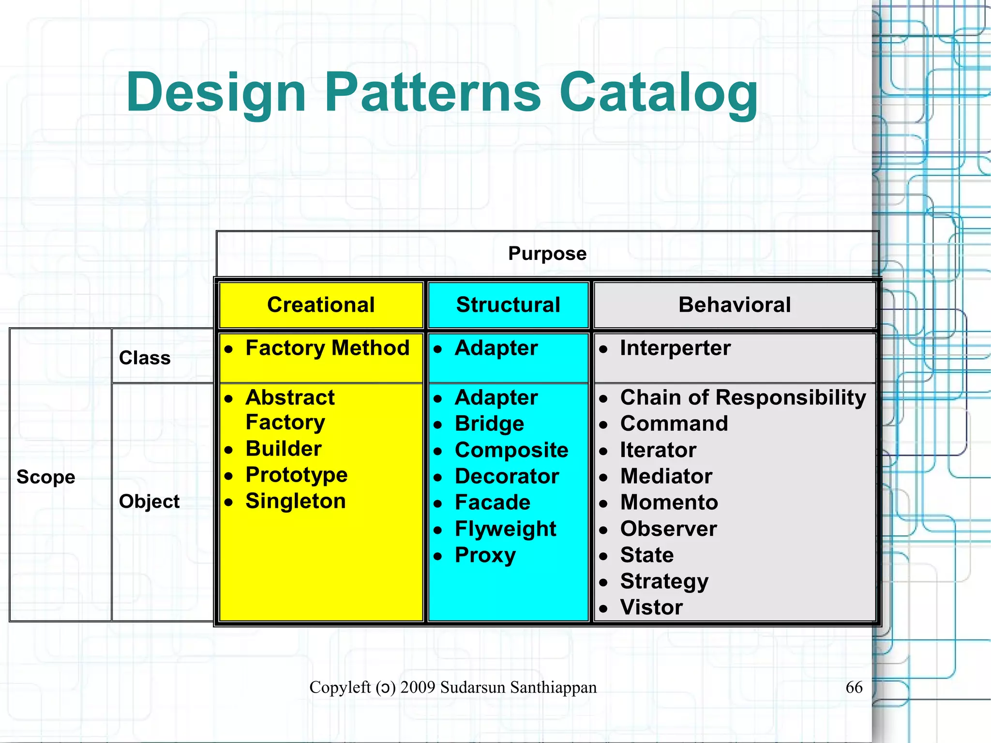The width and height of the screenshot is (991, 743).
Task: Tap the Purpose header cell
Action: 547,254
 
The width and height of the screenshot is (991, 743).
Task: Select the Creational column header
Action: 321,305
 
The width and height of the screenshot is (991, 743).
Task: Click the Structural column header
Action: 508,305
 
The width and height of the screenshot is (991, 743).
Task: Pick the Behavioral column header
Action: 735,305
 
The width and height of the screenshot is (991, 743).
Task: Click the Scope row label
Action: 46,477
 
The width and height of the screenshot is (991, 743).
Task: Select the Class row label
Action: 145,358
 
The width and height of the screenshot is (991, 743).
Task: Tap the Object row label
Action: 149,501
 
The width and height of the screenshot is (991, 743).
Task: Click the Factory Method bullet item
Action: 327,348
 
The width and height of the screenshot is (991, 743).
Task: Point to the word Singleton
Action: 296,501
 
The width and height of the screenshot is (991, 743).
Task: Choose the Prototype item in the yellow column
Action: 296,475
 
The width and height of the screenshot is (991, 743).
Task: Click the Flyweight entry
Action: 505,529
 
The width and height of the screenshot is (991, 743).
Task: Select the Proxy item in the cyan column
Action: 485,555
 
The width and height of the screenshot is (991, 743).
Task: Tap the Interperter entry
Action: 675,348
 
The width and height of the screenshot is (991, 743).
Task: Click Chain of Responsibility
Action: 743,397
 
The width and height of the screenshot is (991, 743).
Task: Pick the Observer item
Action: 668,529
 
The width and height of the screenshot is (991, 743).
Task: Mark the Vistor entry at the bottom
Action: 651,607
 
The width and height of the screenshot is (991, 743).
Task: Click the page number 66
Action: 854,687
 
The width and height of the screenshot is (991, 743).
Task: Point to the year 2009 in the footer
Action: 418,687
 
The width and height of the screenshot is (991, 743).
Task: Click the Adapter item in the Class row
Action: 496,348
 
